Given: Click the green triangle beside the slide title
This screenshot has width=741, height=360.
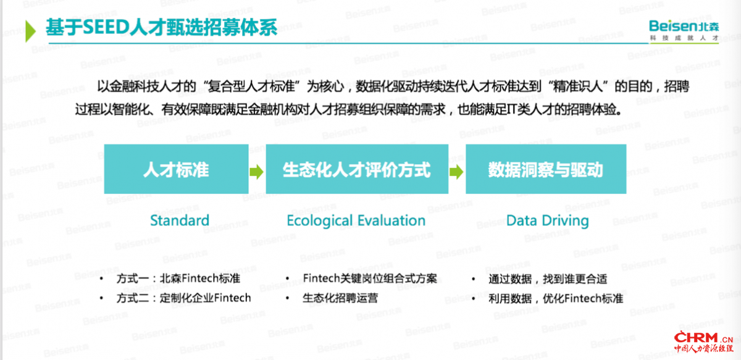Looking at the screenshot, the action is (30, 31).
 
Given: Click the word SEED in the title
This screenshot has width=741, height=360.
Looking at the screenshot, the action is (106, 27).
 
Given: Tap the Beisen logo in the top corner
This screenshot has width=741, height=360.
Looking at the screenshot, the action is (684, 30).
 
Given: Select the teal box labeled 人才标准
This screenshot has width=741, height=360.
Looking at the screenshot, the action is (177, 169).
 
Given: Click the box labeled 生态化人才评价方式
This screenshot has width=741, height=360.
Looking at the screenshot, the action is (357, 169).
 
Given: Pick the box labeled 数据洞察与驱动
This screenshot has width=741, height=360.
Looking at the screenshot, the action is (546, 169).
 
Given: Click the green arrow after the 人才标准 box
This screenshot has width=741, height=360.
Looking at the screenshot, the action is (257, 172).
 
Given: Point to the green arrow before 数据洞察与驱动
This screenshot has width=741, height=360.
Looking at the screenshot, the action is (456, 172).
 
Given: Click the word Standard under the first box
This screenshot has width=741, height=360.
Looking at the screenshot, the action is (180, 220).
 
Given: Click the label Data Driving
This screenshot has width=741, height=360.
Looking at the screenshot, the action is (548, 221).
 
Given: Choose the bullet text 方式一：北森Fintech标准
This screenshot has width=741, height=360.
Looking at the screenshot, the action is (178, 278).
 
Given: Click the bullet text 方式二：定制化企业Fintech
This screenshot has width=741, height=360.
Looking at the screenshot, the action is (183, 298).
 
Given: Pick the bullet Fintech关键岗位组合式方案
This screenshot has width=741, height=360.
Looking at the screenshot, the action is (370, 278).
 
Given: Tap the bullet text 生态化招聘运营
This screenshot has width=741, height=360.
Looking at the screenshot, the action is (340, 298).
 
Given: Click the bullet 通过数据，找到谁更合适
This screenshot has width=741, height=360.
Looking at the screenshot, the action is (548, 279).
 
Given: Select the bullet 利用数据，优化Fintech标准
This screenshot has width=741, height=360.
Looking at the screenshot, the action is (556, 299).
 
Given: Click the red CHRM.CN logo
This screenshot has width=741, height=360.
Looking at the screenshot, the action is (703, 343).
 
